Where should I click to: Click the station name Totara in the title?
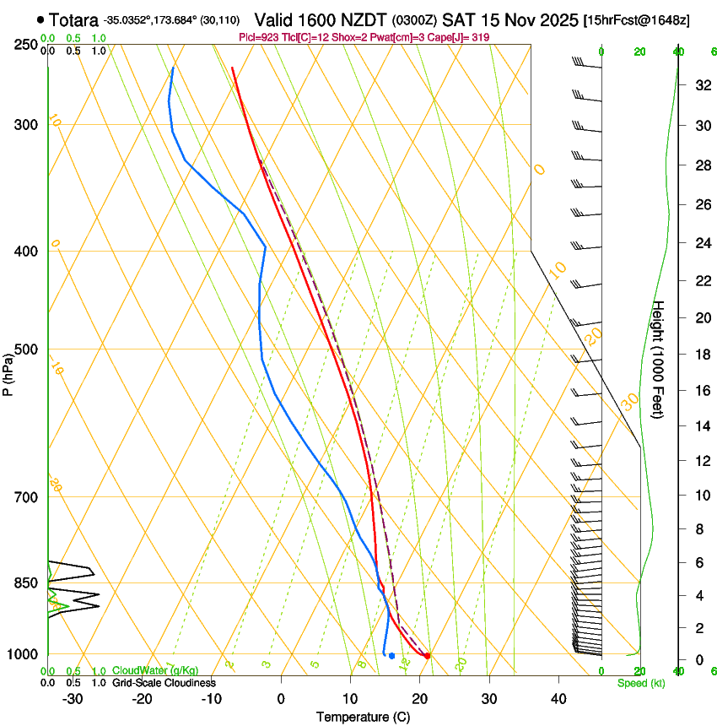pyautogui.click(x=73, y=19)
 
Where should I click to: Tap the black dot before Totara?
pyautogui.click(x=40, y=19)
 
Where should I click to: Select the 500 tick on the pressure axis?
pyautogui.click(x=25, y=349)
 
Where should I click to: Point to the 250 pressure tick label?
pyautogui.click(x=25, y=44)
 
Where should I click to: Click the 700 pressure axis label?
pyautogui.click(x=25, y=497)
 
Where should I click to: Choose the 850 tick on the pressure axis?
pyautogui.click(x=25, y=582)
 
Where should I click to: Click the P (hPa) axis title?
pyautogui.click(x=8, y=371)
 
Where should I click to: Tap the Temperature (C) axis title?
pyautogui.click(x=363, y=718)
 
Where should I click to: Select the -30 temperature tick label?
pyautogui.click(x=73, y=699)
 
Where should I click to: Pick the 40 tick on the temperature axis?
pyautogui.click(x=558, y=699)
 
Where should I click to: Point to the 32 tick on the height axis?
pyautogui.click(x=701, y=85)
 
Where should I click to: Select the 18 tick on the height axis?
pyautogui.click(x=701, y=355)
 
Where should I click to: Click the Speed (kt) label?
pyautogui.click(x=640, y=683)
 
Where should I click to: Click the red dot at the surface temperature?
pyautogui.click(x=428, y=655)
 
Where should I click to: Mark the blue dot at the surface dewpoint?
pyautogui.click(x=391, y=656)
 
